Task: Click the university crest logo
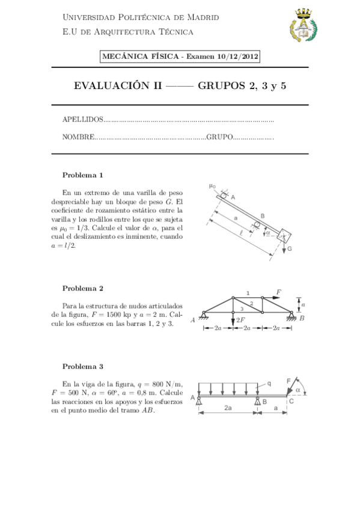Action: tap(304, 26)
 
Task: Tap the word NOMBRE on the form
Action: tap(78, 138)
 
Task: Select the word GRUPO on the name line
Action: tap(219, 138)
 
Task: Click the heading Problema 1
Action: tap(83, 175)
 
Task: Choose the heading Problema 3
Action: tap(83, 366)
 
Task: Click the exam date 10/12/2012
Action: tap(239, 57)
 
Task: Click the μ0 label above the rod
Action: tap(212, 186)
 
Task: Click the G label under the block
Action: tap(289, 248)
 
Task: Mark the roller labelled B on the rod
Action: tap(257, 224)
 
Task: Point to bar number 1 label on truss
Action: tap(248, 293)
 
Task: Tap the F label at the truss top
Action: tap(278, 292)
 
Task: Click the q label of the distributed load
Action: tap(269, 383)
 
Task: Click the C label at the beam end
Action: tap(291, 401)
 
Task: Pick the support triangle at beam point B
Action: tap(258, 401)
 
